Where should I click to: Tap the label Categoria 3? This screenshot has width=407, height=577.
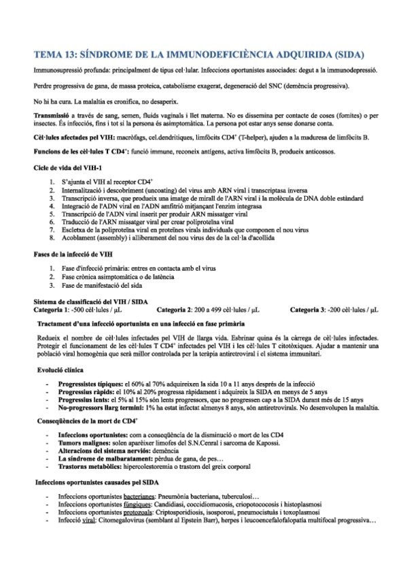(x=310, y=310)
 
